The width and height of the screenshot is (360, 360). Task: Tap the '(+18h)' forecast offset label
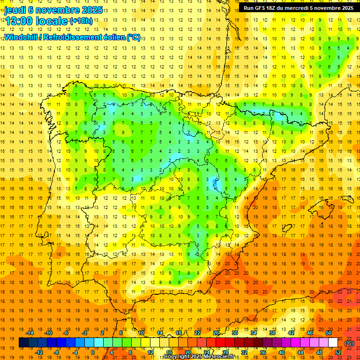[81, 21]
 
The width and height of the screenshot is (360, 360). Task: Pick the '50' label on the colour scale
[328, 332]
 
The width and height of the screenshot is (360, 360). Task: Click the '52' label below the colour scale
[338, 352]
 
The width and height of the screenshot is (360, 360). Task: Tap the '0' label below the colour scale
[93, 352]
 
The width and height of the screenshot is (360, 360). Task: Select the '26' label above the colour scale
[216, 332]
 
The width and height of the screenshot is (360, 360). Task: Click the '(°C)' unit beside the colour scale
[349, 343]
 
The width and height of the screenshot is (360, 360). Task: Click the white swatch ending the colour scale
[333, 343]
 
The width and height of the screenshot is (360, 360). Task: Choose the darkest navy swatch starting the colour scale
[23, 343]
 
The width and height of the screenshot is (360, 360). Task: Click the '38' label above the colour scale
[272, 332]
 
